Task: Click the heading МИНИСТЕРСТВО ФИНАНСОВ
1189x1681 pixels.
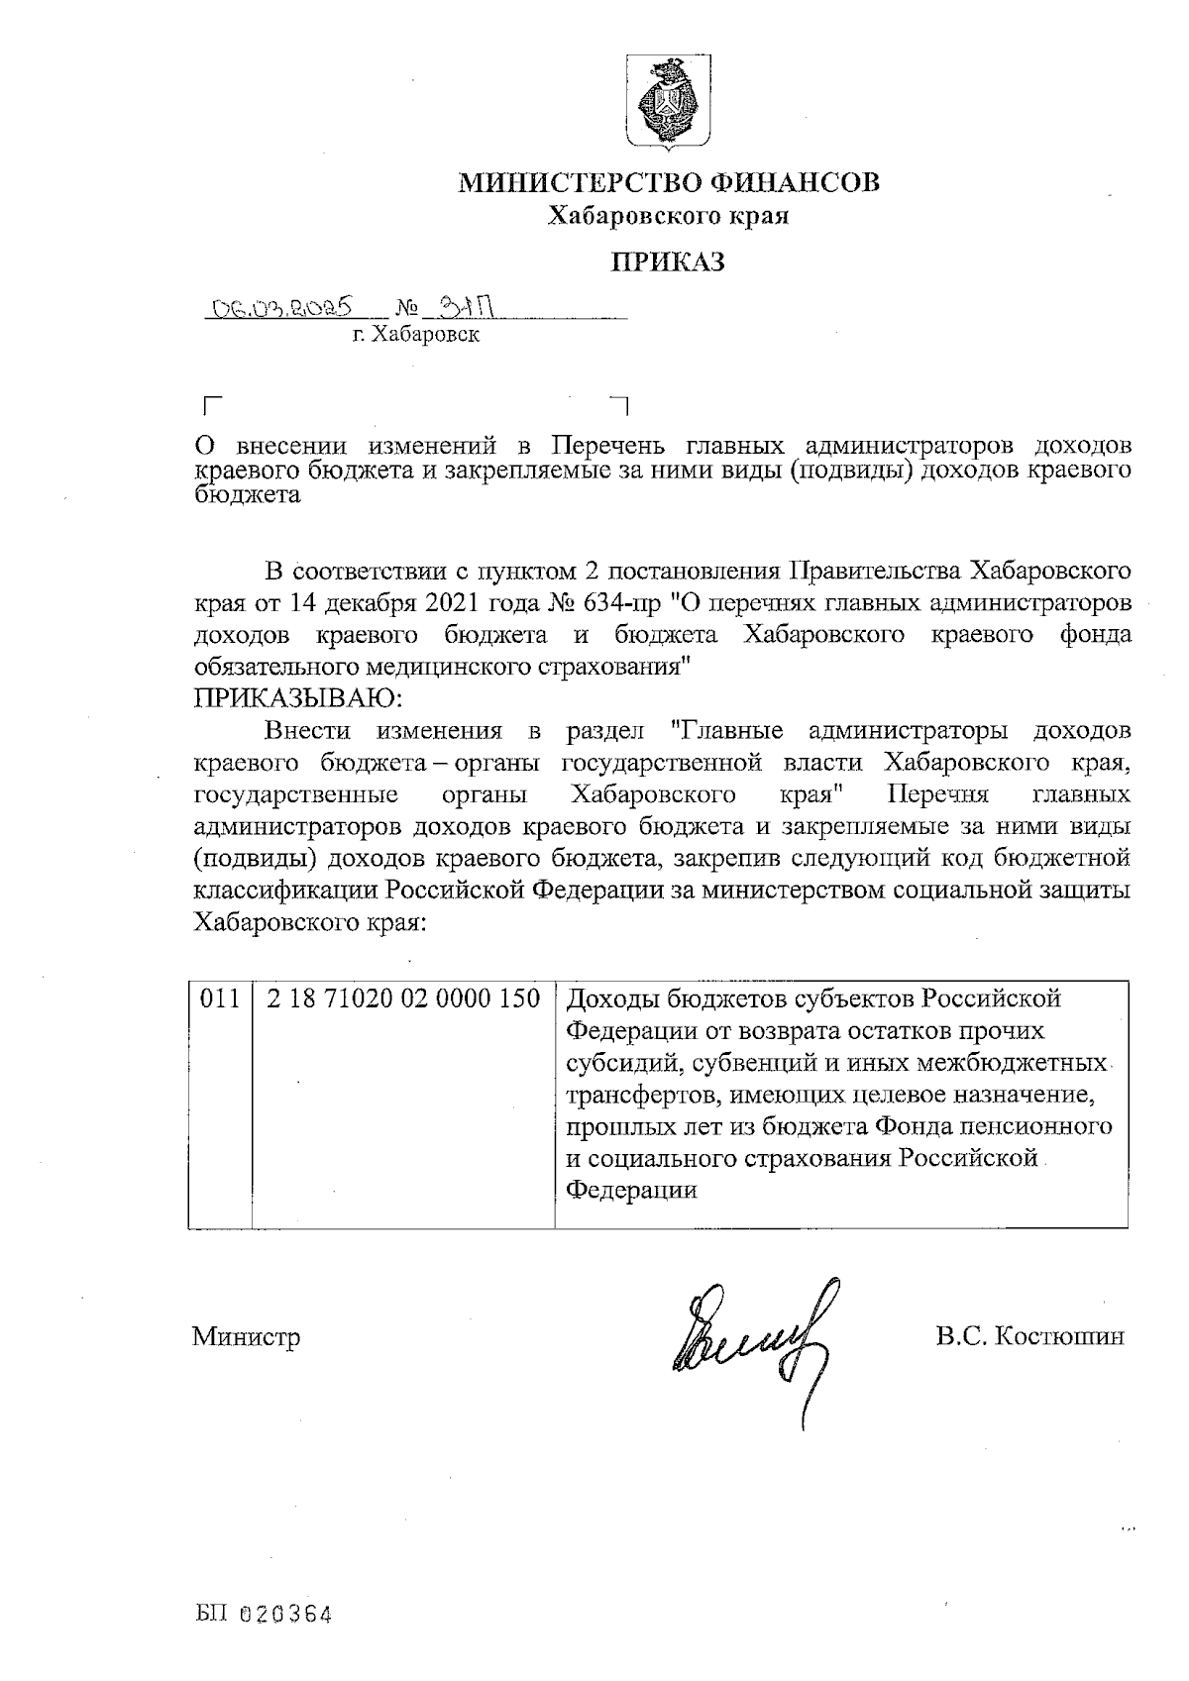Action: [x=668, y=183]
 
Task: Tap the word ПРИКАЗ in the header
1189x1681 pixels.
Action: [x=667, y=263]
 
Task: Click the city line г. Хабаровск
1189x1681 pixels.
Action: [x=416, y=336]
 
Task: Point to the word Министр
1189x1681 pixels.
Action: [x=246, y=1337]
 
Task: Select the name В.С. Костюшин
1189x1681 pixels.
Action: [x=1029, y=1337]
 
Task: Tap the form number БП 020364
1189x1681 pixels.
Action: [x=263, y=1616]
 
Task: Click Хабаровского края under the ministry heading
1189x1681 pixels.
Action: [x=669, y=216]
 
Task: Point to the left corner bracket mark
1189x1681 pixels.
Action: [x=209, y=404]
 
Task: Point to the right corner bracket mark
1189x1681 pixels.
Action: [x=621, y=404]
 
